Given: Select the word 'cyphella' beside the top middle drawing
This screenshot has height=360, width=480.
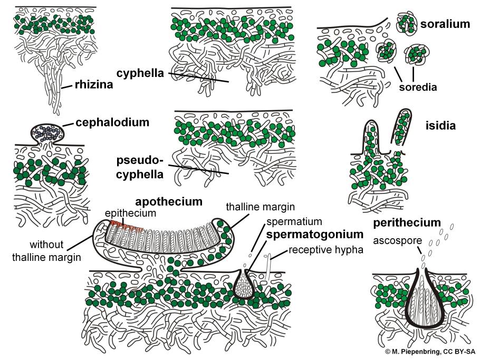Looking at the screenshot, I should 141,73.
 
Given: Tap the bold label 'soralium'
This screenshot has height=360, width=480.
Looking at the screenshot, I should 445,24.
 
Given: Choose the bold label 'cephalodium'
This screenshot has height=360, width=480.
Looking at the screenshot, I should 112,122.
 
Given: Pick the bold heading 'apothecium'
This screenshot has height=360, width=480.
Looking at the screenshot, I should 169,202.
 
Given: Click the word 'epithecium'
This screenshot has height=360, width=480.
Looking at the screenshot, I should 130,213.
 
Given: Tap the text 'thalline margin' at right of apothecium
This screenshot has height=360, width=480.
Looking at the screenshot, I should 260,207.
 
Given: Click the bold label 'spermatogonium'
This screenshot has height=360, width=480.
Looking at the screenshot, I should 315,233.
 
